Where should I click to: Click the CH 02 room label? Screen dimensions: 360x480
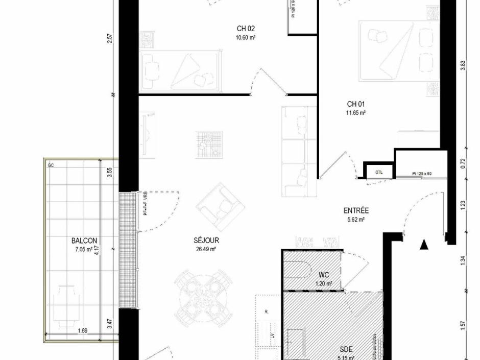click(246, 29)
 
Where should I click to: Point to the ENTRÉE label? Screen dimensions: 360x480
click(356, 210)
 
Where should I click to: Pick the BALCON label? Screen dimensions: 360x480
click(84, 241)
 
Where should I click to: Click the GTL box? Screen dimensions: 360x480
click(379, 172)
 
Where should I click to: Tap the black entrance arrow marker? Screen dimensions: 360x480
click(423, 245)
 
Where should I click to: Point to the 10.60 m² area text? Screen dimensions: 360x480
click(246, 37)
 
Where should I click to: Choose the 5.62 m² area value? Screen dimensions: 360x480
click(356, 220)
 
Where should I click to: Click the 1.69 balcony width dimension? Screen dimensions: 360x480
click(82, 331)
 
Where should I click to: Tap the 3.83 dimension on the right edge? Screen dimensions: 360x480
click(463, 65)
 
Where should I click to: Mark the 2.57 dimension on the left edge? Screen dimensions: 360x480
click(109, 39)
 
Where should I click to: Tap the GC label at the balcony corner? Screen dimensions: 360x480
click(51, 165)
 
